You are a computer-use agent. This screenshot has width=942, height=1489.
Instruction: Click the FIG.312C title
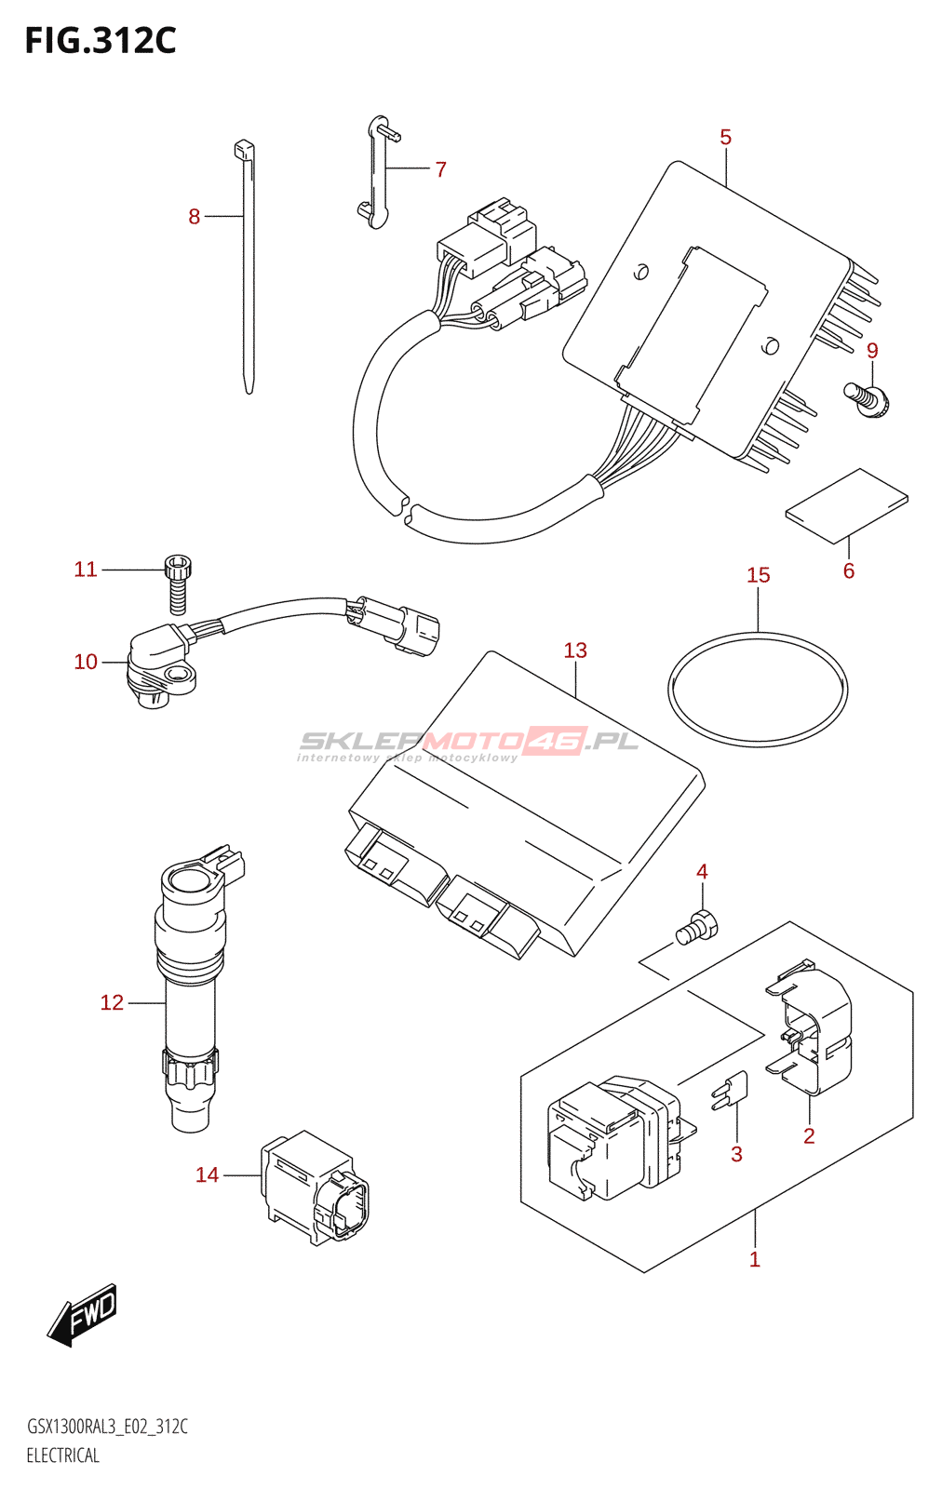(x=100, y=41)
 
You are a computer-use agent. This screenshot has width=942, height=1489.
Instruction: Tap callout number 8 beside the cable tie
(x=194, y=217)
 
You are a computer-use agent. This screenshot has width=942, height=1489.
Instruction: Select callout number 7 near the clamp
(x=440, y=169)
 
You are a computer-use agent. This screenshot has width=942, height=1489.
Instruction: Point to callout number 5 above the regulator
(x=725, y=138)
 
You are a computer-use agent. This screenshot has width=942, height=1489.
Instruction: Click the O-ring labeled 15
(x=758, y=690)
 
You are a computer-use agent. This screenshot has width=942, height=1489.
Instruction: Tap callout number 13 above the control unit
(x=575, y=651)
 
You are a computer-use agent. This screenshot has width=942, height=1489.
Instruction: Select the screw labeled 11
(x=179, y=583)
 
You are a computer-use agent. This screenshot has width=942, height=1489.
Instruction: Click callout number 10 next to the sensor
(x=86, y=662)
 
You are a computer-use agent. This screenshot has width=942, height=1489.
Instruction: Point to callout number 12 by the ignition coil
(x=112, y=1002)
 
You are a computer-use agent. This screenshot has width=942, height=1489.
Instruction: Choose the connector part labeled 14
(x=314, y=1187)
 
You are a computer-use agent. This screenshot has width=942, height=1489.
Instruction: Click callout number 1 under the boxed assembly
(x=754, y=1259)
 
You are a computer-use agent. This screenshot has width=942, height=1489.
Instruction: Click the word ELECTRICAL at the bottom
(x=62, y=1455)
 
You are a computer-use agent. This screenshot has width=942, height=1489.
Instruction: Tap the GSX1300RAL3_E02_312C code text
(x=107, y=1427)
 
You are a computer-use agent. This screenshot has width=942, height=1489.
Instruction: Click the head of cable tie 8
(x=243, y=149)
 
